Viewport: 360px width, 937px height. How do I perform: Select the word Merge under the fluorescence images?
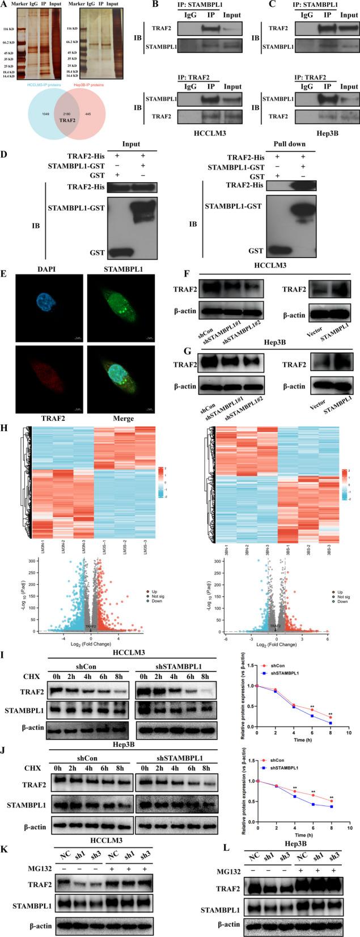123,419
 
